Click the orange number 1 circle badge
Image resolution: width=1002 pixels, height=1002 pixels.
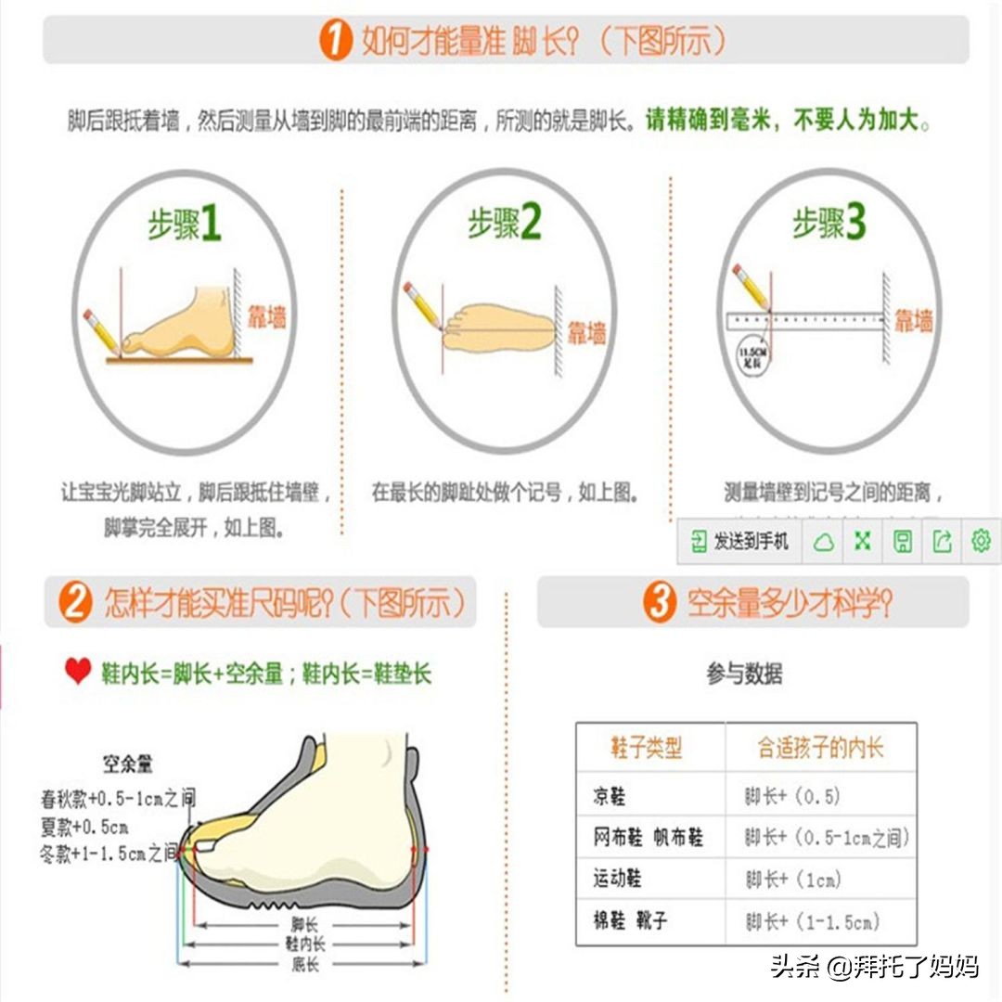coord(336,41)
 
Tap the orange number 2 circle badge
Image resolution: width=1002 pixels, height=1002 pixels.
coord(75,604)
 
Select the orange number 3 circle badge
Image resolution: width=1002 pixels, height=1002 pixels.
coord(660,604)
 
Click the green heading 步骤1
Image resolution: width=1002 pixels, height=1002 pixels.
coord(185,225)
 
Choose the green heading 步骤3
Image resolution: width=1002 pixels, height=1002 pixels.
coord(829,224)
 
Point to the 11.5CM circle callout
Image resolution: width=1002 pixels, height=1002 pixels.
coord(751,356)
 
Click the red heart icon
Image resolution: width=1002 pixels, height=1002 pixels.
coord(78,672)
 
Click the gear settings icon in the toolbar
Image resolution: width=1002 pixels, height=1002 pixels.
coord(981,541)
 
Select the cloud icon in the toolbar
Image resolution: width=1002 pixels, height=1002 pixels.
coord(823,542)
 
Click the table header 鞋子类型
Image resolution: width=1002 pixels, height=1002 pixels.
coord(647,748)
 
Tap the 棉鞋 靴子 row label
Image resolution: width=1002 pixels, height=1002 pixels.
coord(630,921)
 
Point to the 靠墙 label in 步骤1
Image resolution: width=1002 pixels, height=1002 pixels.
coord(266,318)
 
